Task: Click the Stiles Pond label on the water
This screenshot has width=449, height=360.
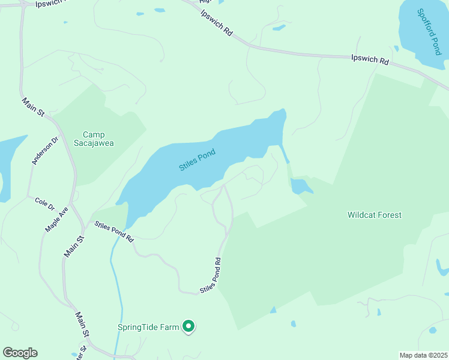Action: pyautogui.click(x=197, y=160)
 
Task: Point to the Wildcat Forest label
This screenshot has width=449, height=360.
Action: pyautogui.click(x=375, y=215)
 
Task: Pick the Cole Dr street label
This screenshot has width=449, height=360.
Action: pyautogui.click(x=44, y=204)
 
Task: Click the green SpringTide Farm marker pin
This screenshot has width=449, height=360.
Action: pyautogui.click(x=188, y=326)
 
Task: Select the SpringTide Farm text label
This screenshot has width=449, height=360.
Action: pyautogui.click(x=148, y=327)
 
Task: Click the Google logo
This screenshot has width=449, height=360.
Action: pyautogui.click(x=20, y=353)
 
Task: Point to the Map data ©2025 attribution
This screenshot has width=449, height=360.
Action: pyautogui.click(x=423, y=355)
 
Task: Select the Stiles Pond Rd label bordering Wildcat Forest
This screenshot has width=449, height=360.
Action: pyautogui.click(x=211, y=275)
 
